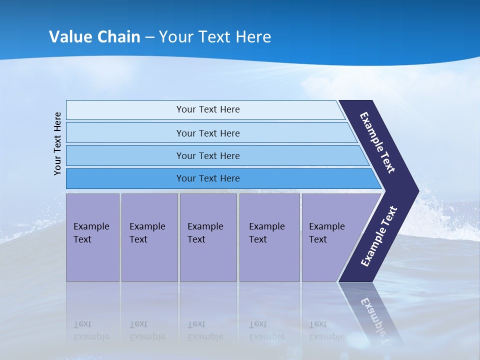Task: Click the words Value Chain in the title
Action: (94, 36)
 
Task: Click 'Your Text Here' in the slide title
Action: (215, 36)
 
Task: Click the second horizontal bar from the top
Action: (208, 133)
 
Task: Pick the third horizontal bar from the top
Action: (208, 155)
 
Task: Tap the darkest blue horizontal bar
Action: (208, 178)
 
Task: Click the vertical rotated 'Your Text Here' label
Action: (57, 143)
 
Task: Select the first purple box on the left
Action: (92, 237)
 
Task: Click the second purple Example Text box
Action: (149, 237)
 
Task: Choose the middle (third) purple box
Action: (208, 237)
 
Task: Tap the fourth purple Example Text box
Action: (269, 237)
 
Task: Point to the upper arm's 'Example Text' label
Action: (378, 142)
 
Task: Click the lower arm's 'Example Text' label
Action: (379, 236)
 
